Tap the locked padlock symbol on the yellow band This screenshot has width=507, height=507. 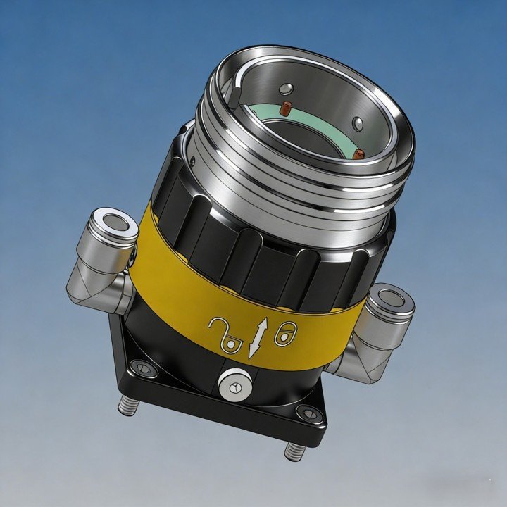click(284, 334)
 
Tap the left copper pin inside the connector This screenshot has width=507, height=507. click(286, 109)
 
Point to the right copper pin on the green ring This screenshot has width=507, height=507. click(359, 154)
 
